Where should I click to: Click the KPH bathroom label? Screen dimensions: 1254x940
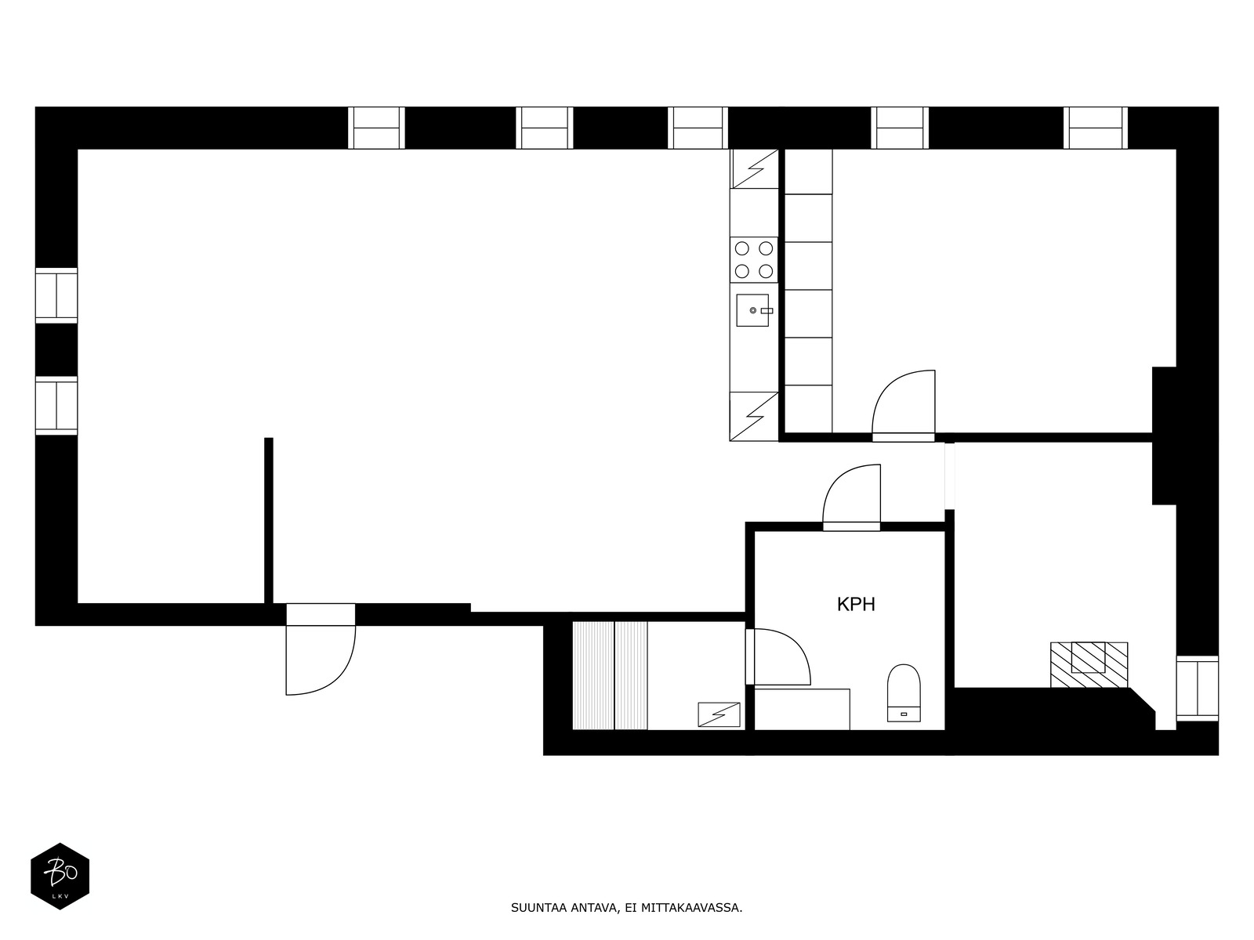pos(855,604)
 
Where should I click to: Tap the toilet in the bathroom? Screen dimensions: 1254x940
pos(903,692)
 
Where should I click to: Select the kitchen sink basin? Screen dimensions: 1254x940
pos(752,310)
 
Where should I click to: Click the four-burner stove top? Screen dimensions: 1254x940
pos(753,260)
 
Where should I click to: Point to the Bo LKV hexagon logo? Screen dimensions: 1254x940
pos(60,876)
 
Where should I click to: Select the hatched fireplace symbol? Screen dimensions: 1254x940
pos(1089,664)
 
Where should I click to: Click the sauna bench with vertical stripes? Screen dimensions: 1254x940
pos(610,675)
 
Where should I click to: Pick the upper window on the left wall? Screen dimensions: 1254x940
pos(56,295)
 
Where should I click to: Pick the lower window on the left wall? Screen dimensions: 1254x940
pos(56,405)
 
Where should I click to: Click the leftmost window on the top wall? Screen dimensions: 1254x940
pos(376,128)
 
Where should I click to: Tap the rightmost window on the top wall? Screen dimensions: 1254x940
pos(1096,128)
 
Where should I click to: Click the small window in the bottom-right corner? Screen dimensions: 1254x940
pos(1197,689)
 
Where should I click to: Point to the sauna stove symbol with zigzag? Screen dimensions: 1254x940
pos(719,714)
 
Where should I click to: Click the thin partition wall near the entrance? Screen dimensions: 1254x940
pos(269,520)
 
